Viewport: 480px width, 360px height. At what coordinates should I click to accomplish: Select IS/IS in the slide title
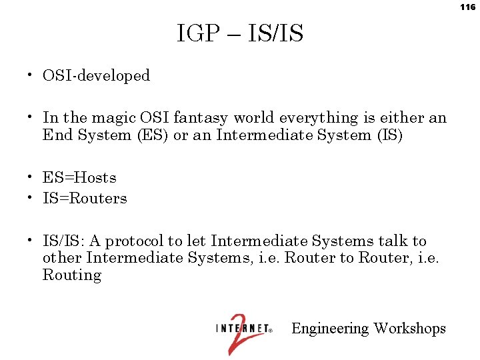click(x=275, y=33)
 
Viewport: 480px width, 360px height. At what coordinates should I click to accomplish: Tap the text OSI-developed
click(x=96, y=76)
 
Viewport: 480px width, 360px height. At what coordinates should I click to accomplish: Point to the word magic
click(x=114, y=118)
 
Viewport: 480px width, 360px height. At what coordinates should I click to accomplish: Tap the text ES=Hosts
click(x=79, y=178)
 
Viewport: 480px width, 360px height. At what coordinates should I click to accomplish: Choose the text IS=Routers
click(x=85, y=199)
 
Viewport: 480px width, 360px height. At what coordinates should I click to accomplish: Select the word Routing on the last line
click(x=71, y=275)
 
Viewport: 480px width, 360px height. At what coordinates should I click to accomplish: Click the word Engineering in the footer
click(x=330, y=329)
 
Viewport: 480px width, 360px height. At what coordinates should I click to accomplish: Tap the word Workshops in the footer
click(x=409, y=329)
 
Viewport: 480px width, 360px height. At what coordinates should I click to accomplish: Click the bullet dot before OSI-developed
click(x=31, y=75)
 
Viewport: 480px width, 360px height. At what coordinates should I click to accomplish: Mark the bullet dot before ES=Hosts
click(x=31, y=177)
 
